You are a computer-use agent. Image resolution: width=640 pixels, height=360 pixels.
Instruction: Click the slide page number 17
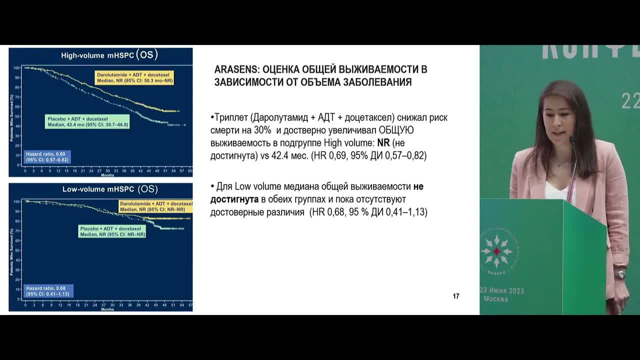(x=456, y=296)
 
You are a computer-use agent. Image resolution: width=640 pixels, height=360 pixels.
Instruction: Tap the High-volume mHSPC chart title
(x=109, y=55)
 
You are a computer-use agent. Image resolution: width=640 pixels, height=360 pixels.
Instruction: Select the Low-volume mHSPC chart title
(x=109, y=189)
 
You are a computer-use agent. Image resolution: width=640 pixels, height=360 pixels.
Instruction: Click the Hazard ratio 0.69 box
(x=48, y=157)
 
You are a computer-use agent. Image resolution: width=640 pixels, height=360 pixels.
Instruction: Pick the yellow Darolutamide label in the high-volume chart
(x=134, y=77)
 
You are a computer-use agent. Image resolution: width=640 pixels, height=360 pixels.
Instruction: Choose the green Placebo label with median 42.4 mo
(x=87, y=121)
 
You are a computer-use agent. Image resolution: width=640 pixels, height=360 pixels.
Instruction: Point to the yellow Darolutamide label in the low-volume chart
(x=155, y=206)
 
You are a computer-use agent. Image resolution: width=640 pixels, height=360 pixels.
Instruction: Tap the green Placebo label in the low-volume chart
(x=112, y=231)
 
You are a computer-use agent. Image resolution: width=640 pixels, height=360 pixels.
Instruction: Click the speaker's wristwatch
(x=620, y=274)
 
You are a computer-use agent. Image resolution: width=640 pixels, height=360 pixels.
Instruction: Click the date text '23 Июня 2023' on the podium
(x=501, y=290)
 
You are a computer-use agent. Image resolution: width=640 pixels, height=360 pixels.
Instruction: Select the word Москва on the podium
(x=495, y=299)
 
